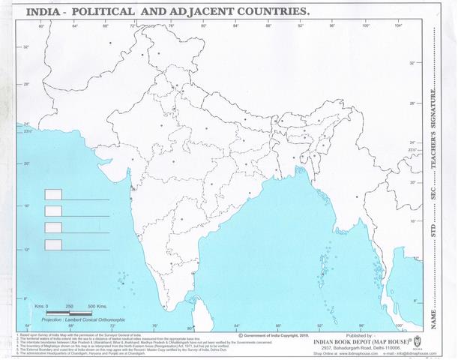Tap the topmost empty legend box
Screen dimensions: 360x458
point(53,194)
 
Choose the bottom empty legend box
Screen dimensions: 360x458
point(53,244)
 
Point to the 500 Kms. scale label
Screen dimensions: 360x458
point(97,307)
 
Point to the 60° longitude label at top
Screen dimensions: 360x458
point(41,26)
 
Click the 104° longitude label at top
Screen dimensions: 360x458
point(397,26)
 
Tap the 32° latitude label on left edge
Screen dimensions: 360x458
point(25,46)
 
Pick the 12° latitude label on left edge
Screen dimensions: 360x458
point(25,250)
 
